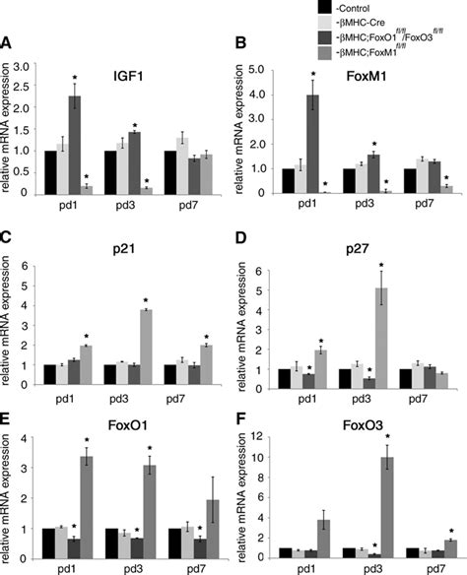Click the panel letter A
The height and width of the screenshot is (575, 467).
(8, 43)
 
